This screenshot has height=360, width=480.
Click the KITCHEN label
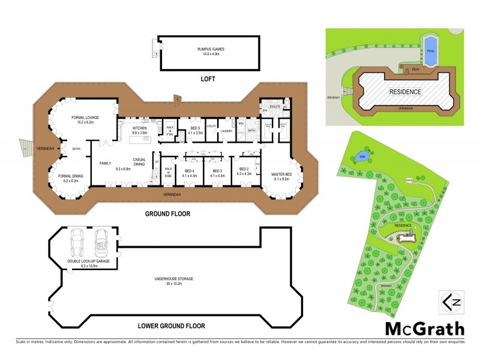(139, 129)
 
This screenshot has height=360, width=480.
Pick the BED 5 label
(195, 130)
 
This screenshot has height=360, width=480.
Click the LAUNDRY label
(226, 131)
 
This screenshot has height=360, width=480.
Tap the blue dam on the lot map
(362, 156)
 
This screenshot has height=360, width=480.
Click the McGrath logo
(424, 328)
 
